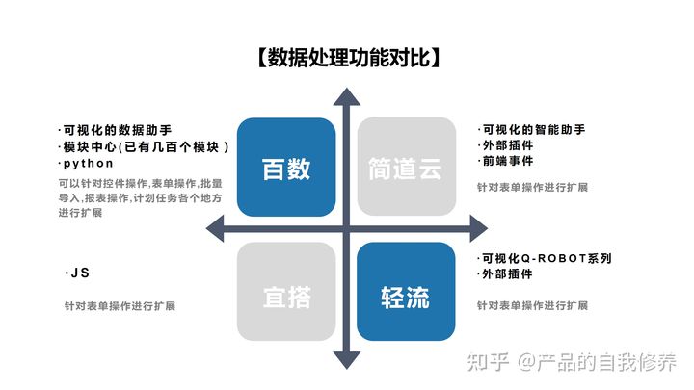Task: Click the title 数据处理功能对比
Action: click(x=347, y=59)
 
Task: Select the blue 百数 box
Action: click(x=286, y=168)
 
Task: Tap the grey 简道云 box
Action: click(x=406, y=168)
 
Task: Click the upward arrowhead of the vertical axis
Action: click(x=346, y=93)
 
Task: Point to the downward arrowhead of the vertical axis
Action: click(x=346, y=362)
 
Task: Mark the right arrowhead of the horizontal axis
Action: click(x=477, y=229)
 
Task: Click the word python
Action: click(x=88, y=164)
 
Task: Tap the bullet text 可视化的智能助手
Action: click(x=533, y=129)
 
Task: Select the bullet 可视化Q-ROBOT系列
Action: click(x=546, y=258)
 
